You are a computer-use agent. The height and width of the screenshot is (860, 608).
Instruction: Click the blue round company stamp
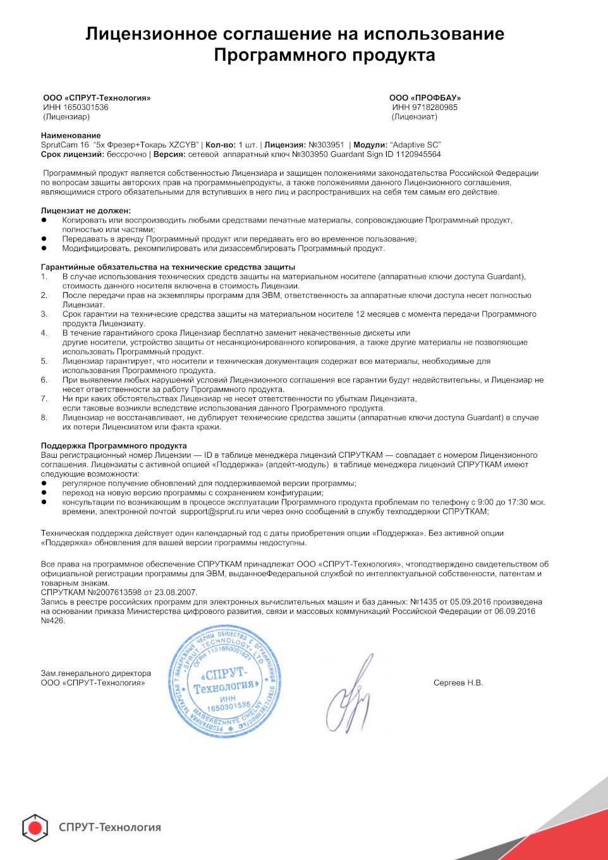[x=224, y=681]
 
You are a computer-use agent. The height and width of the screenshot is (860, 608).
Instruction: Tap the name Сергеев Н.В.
[x=458, y=683]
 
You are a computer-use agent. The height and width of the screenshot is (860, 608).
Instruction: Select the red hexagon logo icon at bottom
[x=35, y=828]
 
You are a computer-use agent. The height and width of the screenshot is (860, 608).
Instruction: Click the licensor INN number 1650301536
[x=86, y=107]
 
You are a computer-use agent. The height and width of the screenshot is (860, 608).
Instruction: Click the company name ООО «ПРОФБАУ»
[x=425, y=98]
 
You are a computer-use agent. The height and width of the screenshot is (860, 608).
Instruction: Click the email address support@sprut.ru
[x=212, y=512]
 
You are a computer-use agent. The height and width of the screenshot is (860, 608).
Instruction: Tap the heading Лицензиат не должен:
[x=86, y=211]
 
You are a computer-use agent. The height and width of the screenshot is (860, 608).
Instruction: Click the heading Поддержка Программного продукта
[x=114, y=446]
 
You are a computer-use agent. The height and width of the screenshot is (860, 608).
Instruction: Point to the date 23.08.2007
[x=174, y=593]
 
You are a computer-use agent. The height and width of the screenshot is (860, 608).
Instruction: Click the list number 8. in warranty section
[x=44, y=417]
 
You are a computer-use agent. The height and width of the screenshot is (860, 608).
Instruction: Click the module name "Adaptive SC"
[x=415, y=145]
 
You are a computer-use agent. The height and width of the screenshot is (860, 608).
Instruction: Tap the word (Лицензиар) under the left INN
[x=66, y=117]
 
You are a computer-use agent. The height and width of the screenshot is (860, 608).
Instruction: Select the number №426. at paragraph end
[x=53, y=620]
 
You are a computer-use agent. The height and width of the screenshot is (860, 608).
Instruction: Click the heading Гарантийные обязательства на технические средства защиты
[x=168, y=267]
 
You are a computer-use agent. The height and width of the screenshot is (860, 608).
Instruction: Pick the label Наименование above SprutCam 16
[x=71, y=135]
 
